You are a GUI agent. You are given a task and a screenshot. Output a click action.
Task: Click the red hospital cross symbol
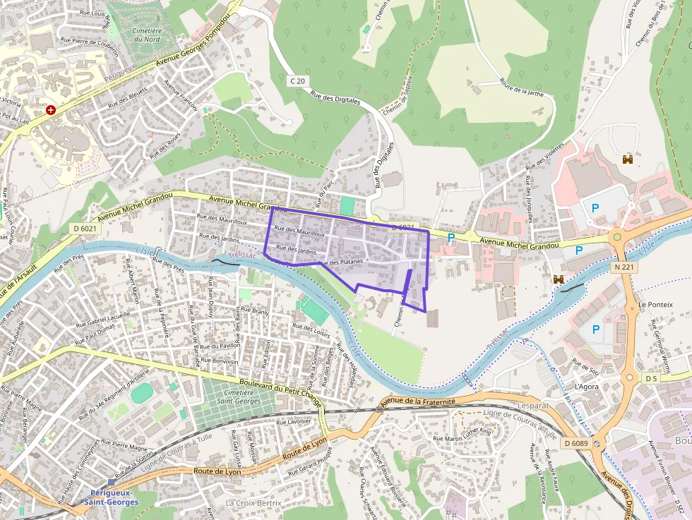pyautogui.click(x=50, y=110)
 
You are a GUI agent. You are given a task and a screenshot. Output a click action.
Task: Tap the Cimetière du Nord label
pyautogui.click(x=147, y=35)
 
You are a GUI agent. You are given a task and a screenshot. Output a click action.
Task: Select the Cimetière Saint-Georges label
pyautogui.click(x=239, y=397)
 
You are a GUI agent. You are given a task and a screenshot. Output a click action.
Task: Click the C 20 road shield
pyautogui.click(x=297, y=81)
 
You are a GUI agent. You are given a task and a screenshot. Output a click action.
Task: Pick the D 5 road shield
pyautogui.click(x=650, y=379)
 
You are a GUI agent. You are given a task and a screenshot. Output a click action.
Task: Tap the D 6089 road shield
pyautogui.click(x=576, y=443)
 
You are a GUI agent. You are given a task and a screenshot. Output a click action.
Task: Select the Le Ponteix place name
pyautogui.click(x=655, y=305)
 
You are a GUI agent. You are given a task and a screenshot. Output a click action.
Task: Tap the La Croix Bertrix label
pyautogui.click(x=253, y=502)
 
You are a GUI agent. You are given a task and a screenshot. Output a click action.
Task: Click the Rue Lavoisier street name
pyautogui.click(x=293, y=421)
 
